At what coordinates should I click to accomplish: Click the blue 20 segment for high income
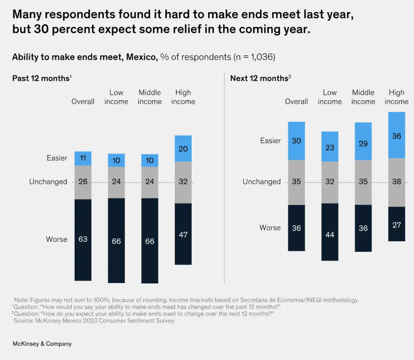tap(183, 149)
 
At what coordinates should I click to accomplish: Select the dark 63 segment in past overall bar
tap(83, 239)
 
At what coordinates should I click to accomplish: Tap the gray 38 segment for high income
tap(397, 182)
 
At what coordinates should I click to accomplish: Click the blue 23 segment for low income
tap(330, 147)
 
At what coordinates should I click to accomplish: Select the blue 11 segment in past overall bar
tap(83, 158)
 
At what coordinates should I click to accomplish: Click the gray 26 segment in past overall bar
tap(83, 182)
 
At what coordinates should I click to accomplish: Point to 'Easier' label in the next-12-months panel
tap(270, 141)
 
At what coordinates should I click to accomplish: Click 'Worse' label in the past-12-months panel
tap(57, 239)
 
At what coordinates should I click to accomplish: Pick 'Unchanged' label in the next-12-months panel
tap(261, 182)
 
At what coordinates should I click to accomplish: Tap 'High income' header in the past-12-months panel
tap(183, 97)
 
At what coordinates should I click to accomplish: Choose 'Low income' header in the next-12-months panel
tap(330, 97)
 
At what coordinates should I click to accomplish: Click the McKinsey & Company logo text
tap(42, 344)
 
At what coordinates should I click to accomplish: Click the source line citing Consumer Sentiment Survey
tap(94, 321)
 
